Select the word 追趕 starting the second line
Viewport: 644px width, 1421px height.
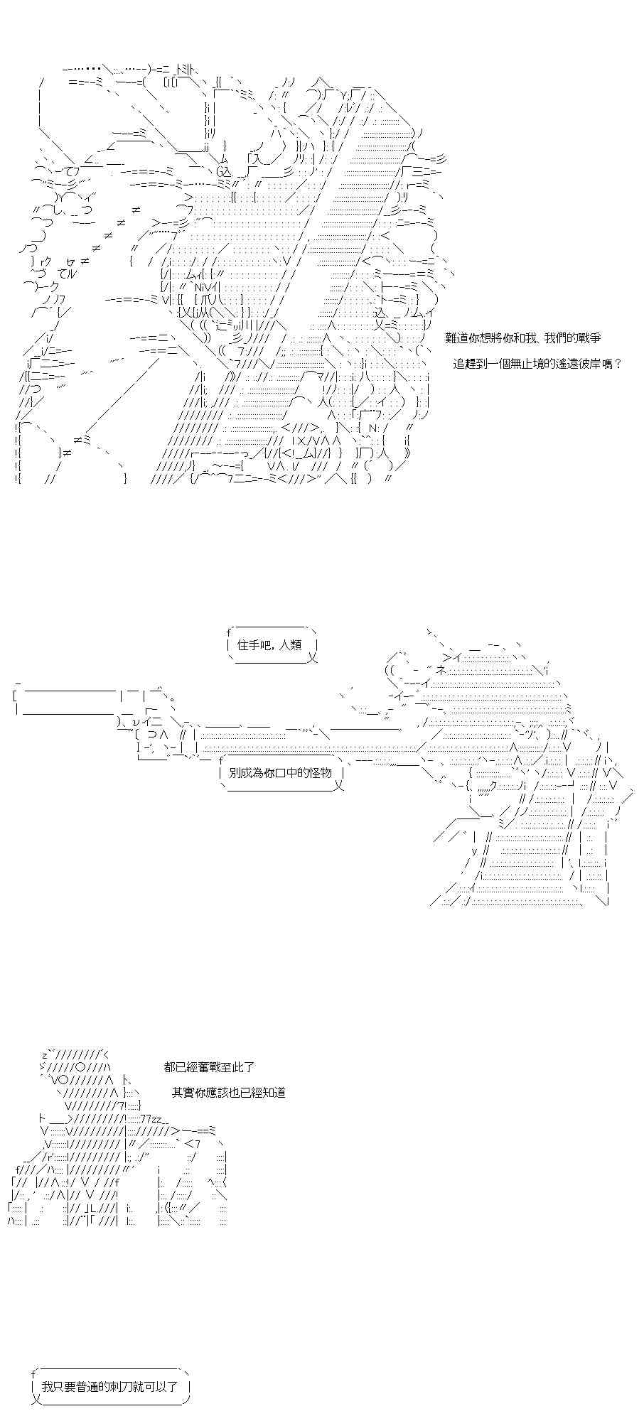(465, 364)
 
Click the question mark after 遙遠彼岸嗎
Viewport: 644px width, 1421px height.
(619, 364)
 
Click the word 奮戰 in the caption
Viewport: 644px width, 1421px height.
(203, 1067)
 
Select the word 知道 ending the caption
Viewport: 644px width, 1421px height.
(274, 1093)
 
